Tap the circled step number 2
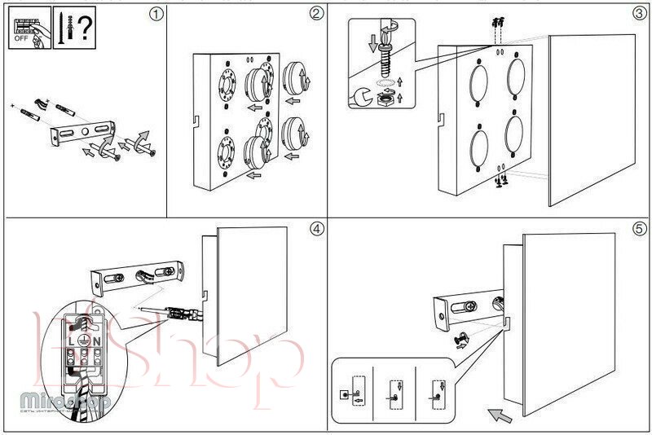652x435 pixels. (316, 15)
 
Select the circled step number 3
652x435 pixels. (639, 14)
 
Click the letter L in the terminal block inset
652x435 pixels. (71, 339)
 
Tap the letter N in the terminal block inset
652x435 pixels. (95, 339)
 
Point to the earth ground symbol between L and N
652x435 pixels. (83, 339)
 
